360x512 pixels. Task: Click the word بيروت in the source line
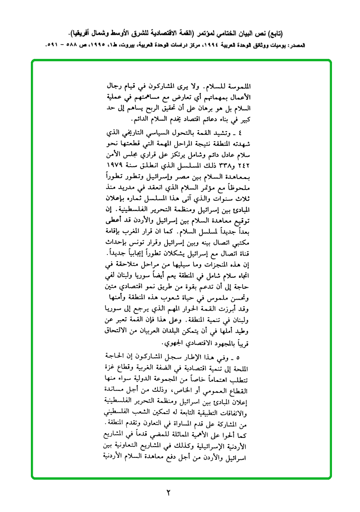click(135, 46)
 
